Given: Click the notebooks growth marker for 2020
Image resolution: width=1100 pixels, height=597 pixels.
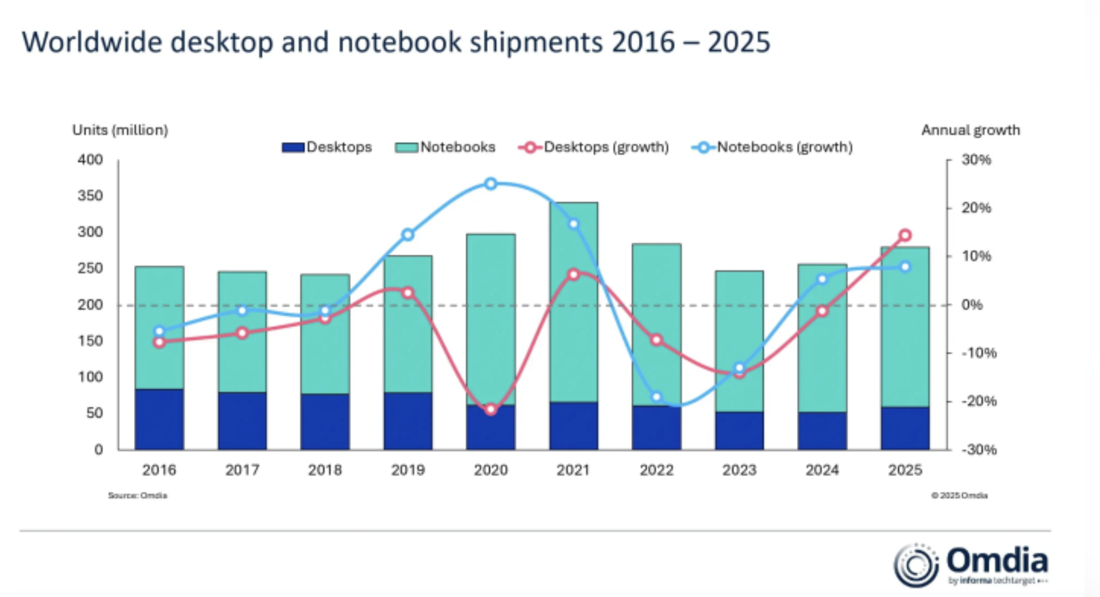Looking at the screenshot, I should click(x=491, y=184).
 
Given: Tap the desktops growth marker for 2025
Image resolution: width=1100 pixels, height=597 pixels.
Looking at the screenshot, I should click(x=905, y=235).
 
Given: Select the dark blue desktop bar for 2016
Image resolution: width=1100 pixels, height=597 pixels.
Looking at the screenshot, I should click(x=159, y=419).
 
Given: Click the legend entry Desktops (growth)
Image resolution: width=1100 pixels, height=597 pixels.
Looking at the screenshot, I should click(x=594, y=147).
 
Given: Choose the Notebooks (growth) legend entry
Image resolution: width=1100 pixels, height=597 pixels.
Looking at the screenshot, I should click(x=773, y=147).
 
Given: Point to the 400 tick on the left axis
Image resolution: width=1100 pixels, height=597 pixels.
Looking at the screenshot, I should click(x=90, y=160).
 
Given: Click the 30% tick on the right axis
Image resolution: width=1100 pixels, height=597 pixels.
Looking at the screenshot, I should click(x=976, y=160).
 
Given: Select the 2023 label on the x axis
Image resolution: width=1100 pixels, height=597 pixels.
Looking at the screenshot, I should click(x=739, y=470).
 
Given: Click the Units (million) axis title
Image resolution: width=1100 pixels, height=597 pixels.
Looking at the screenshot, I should click(x=120, y=130).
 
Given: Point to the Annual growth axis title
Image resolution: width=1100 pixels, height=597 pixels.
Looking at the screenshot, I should click(x=971, y=130).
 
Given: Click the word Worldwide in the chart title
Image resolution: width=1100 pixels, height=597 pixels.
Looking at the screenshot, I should click(x=92, y=42).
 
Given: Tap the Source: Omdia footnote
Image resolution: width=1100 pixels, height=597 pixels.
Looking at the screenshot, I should click(x=137, y=495).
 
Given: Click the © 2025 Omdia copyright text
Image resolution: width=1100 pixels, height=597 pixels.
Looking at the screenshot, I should click(x=959, y=495).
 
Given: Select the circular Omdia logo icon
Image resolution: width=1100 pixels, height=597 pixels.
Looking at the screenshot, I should click(x=916, y=565).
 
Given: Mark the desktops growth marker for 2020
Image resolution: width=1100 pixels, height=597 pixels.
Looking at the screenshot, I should click(x=491, y=409).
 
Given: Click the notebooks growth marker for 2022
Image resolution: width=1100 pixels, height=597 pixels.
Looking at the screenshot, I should click(x=657, y=397).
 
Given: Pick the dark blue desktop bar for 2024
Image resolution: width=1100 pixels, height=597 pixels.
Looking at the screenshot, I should click(x=822, y=431).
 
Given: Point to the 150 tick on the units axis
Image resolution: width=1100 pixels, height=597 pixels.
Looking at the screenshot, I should click(x=90, y=341).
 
